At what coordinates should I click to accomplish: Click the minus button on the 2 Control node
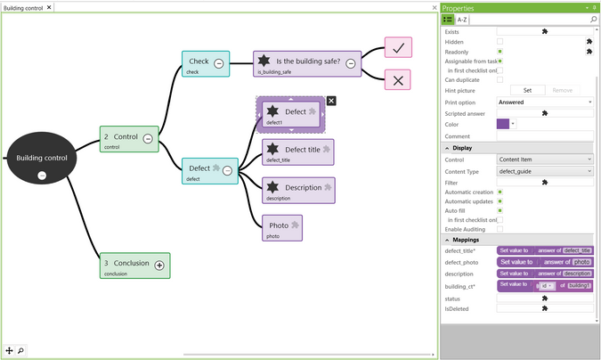(148, 138)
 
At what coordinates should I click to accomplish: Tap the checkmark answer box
(397, 48)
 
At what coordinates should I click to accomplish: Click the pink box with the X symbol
(397, 79)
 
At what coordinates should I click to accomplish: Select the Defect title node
(297, 151)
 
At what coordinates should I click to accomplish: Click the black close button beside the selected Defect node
(331, 101)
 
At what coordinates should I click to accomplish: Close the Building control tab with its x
(49, 7)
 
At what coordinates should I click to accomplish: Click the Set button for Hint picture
(526, 90)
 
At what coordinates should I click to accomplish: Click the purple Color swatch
(503, 125)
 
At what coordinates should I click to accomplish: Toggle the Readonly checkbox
(499, 52)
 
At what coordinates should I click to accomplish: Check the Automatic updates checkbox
(499, 201)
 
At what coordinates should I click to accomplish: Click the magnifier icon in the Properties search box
(593, 19)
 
